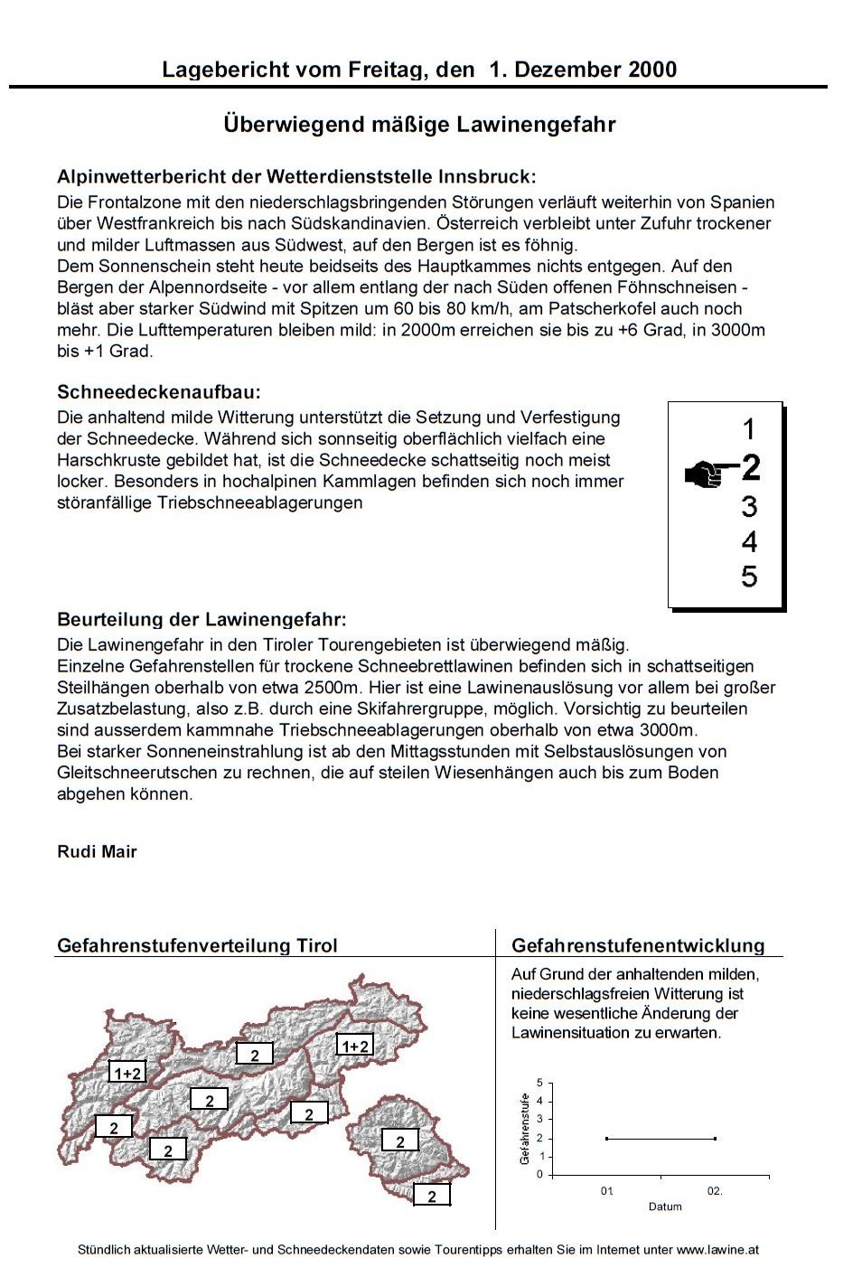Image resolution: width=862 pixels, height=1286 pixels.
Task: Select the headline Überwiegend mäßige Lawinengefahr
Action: [x=419, y=124]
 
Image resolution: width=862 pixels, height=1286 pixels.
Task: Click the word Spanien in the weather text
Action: [x=742, y=202]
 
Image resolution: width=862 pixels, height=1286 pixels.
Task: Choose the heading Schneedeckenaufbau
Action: [x=159, y=392]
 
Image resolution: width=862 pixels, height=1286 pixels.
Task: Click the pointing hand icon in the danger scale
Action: [x=708, y=473]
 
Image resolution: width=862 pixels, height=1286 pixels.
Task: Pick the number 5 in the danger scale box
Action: [x=749, y=577]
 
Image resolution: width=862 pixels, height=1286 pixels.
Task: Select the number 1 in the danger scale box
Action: [x=748, y=428]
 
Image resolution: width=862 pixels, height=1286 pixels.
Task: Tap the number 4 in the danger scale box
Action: [x=749, y=542]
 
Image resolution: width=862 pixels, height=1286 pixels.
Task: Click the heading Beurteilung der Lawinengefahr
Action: [x=201, y=619]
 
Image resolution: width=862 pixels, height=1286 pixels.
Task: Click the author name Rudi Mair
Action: [x=97, y=851]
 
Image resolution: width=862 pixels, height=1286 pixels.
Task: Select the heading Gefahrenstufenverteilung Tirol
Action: [x=197, y=945]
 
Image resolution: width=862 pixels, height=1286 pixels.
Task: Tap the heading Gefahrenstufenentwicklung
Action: [x=638, y=945]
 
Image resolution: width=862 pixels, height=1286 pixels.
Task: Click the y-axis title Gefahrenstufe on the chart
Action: [x=525, y=1129]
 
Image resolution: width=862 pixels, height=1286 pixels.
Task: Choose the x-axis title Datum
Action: [x=665, y=1206]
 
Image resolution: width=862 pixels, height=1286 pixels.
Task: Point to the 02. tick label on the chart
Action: [x=715, y=1191]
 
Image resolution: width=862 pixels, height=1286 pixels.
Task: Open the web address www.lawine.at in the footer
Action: [x=717, y=1250]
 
